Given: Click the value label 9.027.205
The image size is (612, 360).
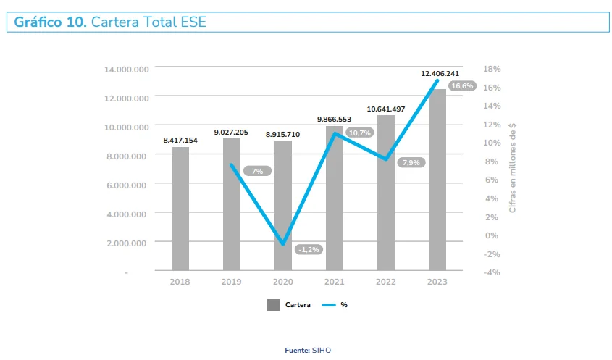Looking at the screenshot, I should point(231,133).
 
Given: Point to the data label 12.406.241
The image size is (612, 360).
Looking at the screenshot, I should point(440,74).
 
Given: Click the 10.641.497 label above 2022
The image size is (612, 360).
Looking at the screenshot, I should point(386,109).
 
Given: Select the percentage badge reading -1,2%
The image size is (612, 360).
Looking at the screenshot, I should point(309,249).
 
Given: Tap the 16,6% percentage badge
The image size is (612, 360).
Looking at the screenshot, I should point(461,86).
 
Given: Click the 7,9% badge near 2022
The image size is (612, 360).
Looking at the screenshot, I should point(410,163).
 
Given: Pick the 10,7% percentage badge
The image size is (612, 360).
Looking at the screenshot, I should point(359,133).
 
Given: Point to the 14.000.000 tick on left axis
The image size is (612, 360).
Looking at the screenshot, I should point(127,69).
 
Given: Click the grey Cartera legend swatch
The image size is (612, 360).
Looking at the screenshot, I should point(273,306).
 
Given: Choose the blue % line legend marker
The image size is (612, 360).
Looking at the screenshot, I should point(327,306).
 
